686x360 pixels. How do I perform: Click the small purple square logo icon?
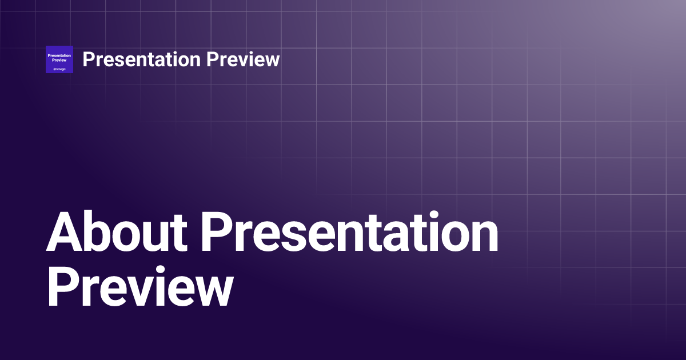[59, 59]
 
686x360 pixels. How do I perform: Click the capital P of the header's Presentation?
[88, 59]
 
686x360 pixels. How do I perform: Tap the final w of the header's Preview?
[272, 61]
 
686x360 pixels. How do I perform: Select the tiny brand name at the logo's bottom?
[59, 69]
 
